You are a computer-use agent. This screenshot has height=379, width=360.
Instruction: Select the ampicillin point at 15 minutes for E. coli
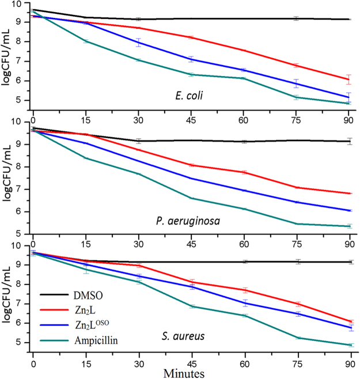click(x=86, y=41)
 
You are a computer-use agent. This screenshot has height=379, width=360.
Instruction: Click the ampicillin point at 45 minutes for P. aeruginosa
click(x=191, y=198)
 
